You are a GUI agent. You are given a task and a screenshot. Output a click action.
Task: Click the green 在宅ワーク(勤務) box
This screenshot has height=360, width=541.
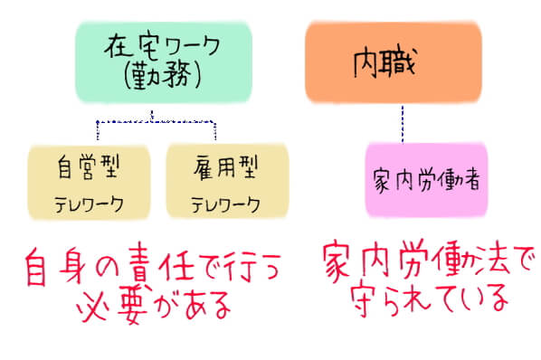(152, 61)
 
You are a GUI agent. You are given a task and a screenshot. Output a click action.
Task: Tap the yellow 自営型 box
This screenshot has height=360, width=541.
(88, 181)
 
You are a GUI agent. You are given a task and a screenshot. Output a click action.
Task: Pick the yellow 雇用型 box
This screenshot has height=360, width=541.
(226, 181)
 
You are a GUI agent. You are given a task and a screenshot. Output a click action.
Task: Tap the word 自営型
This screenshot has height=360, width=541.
(89, 168)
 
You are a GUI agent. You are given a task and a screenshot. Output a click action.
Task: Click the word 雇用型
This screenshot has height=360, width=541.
(226, 168)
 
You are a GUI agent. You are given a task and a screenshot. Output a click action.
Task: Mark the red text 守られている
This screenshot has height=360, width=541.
(416, 299)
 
